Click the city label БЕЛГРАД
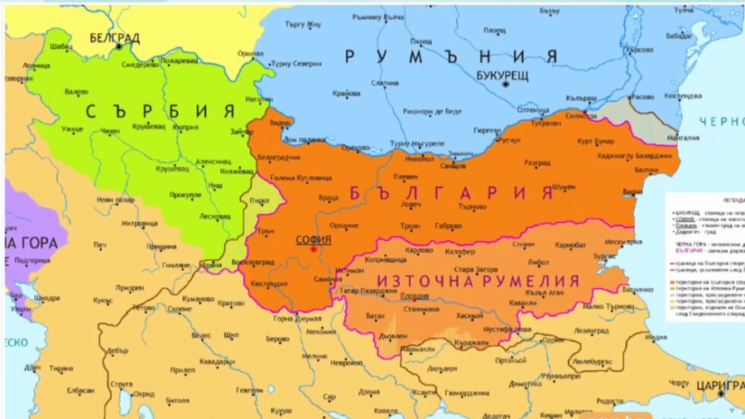pos(115,38)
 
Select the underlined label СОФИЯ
pos(314,239)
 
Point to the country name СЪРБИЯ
pos(161,111)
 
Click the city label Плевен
pos(404,176)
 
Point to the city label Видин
pos(281,122)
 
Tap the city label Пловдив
pos(415,296)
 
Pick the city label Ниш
pos(215,186)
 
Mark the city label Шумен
pos(563,187)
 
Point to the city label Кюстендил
pos(270,284)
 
